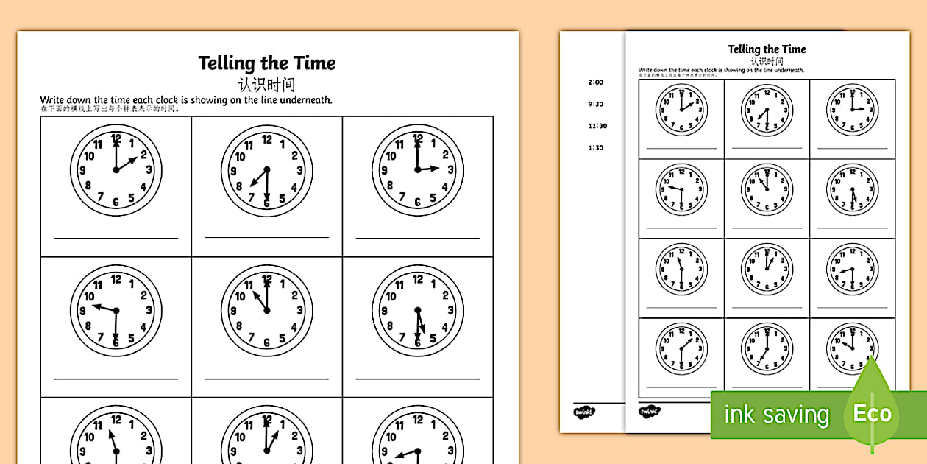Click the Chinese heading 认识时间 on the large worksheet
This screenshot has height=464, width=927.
(266, 84)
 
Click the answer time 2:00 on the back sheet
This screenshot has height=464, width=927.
(596, 82)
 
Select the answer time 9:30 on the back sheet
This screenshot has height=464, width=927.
(596, 105)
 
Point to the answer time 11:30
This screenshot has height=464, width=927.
(597, 126)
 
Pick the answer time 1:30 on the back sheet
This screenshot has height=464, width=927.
(596, 147)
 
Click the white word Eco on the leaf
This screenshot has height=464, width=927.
(872, 414)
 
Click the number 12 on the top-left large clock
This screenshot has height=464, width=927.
(116, 138)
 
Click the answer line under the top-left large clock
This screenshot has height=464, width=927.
(116, 238)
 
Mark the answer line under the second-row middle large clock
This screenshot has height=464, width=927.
(267, 378)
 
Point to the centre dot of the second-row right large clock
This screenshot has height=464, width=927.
(418, 310)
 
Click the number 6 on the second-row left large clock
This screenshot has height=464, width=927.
(116, 341)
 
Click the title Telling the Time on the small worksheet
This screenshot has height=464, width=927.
(767, 49)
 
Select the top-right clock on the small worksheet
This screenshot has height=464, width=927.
(852, 110)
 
